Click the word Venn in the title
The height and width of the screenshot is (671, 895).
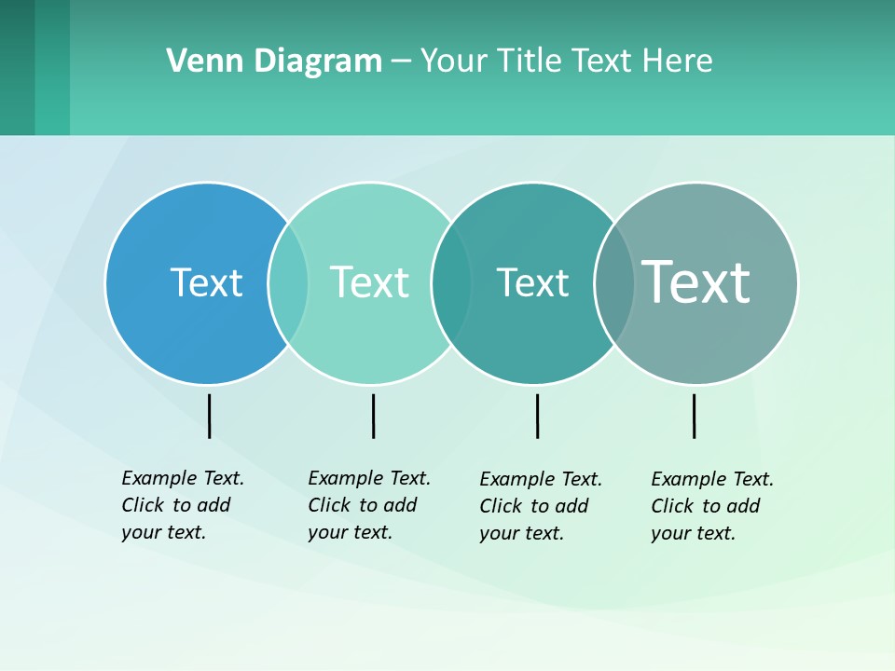pyautogui.click(x=199, y=62)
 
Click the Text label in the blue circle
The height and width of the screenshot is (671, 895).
pyautogui.click(x=206, y=282)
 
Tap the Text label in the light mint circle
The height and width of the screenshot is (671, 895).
pyautogui.click(x=369, y=282)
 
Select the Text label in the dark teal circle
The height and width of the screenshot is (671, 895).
pyautogui.click(x=532, y=282)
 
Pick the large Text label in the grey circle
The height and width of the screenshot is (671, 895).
pyautogui.click(x=696, y=281)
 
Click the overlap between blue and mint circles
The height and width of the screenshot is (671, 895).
pyautogui.click(x=288, y=283)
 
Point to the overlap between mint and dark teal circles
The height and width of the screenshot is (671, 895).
pyautogui.click(x=451, y=283)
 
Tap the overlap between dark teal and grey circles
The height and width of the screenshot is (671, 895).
pyautogui.click(x=614, y=283)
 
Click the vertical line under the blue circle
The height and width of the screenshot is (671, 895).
pyautogui.click(x=210, y=416)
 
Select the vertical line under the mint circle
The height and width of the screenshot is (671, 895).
pyautogui.click(x=373, y=416)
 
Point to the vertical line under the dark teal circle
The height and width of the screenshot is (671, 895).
pyautogui.click(x=537, y=416)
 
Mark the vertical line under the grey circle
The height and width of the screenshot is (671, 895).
pyautogui.click(x=694, y=416)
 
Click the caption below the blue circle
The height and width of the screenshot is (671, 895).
pyautogui.click(x=183, y=505)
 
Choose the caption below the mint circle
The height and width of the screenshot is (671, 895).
pyautogui.click(x=369, y=505)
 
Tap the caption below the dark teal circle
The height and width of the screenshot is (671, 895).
pyautogui.click(x=541, y=506)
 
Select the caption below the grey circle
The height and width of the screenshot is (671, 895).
pyautogui.click(x=712, y=506)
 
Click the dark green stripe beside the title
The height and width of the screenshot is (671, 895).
pyautogui.click(x=17, y=67)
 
